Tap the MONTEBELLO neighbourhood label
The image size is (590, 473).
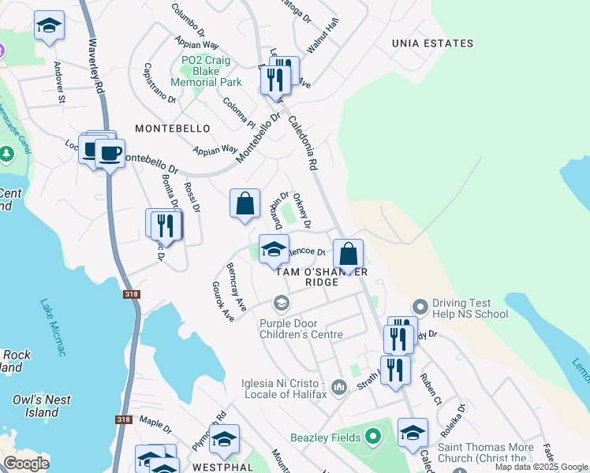pos(172,128)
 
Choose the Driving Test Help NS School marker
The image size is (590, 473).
pos(420,306)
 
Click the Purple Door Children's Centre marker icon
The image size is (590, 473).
pos(281,303)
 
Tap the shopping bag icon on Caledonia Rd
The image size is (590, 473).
pos(348,255)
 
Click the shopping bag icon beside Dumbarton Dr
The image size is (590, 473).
pos(245,203)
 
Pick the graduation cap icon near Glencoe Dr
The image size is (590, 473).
pos(274,248)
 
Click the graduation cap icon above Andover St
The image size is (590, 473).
pos(49,26)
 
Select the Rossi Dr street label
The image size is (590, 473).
pos(192,197)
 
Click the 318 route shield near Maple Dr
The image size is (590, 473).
pos(123,420)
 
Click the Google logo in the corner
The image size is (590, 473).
pos(26,464)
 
